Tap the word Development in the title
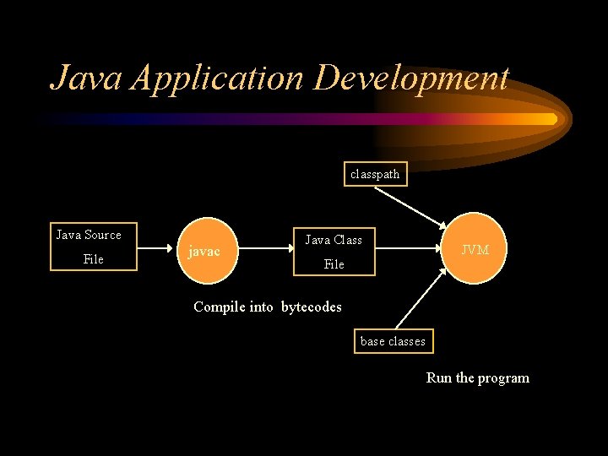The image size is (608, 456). click(x=411, y=78)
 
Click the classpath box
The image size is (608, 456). click(x=376, y=174)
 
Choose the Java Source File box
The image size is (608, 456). click(x=89, y=247)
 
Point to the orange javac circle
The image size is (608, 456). click(x=204, y=251)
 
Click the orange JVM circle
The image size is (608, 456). click(x=474, y=248)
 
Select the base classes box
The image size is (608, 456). click(x=393, y=341)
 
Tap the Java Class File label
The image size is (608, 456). click(x=334, y=252)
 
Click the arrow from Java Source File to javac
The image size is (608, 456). click(x=156, y=249)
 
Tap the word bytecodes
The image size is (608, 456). click(x=311, y=307)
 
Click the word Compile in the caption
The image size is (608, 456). click(x=219, y=307)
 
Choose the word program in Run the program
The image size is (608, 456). click(x=503, y=377)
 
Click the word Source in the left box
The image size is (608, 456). click(x=102, y=235)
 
